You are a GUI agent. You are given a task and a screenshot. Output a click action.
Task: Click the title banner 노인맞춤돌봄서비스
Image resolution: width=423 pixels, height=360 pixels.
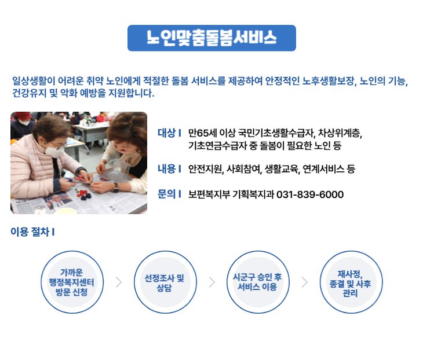click(x=211, y=38)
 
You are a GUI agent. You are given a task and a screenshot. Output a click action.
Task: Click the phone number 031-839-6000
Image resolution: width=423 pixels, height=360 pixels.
click(x=310, y=194)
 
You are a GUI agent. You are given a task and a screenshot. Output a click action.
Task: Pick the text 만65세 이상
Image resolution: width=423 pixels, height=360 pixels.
click(x=212, y=133)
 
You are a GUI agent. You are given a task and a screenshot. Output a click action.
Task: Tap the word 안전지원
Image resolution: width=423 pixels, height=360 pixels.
click(x=205, y=169)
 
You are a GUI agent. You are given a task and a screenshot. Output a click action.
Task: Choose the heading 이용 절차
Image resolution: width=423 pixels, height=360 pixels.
click(x=32, y=233)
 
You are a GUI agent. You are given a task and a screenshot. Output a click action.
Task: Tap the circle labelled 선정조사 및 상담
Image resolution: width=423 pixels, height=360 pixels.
click(x=164, y=282)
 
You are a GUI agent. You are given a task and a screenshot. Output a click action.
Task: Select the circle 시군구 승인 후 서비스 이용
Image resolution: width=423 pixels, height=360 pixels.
click(x=257, y=282)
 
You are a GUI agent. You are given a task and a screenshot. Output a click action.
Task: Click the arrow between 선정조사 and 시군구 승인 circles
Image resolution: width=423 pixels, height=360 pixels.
click(x=211, y=282)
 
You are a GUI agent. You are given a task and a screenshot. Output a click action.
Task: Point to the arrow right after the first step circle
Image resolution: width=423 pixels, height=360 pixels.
click(x=119, y=282)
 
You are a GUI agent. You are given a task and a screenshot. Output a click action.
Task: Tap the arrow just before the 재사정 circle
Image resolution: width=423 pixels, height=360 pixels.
click(x=304, y=282)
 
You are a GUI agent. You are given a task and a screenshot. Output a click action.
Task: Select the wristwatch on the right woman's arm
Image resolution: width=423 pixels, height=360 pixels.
click(x=115, y=188)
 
